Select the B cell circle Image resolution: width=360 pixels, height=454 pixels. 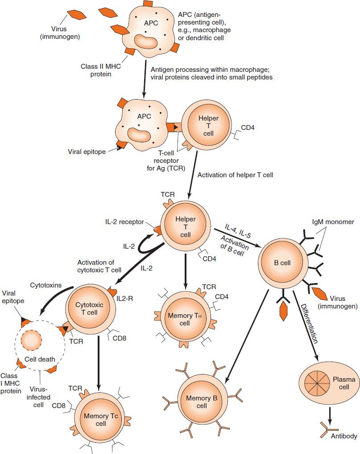[282, 262]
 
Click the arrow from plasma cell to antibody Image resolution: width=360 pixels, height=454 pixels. [330, 412]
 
